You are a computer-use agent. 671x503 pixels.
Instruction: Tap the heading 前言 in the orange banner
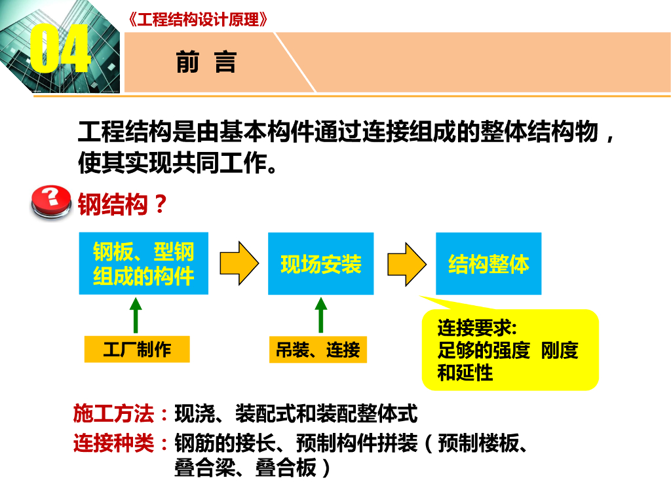coord(206,62)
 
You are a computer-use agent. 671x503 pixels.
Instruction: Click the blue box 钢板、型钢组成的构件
coord(144,263)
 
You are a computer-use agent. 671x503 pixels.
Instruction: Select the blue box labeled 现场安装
coord(320,263)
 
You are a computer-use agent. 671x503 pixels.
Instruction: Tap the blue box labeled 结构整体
coord(488,263)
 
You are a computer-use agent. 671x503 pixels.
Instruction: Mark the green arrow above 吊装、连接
coord(320,316)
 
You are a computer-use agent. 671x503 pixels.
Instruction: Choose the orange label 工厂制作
coord(136,350)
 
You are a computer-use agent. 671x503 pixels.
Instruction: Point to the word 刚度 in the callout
coord(560,350)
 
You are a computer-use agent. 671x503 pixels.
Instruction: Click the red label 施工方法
coord(113,415)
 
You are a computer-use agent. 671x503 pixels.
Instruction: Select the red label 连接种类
coord(113,444)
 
